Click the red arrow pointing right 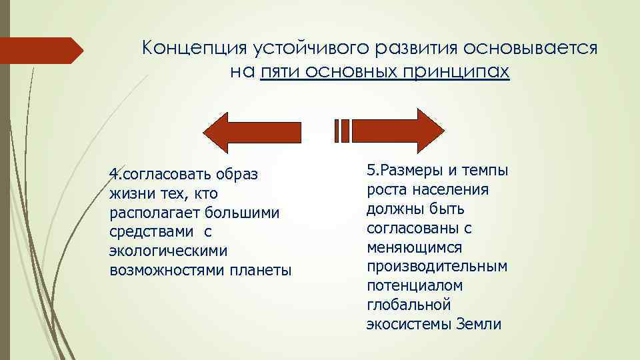point(394,131)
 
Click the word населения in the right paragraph point(445,190)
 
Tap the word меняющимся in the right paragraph point(414,247)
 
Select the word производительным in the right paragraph point(437,267)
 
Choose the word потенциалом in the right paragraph point(415,286)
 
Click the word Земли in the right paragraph point(479,325)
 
